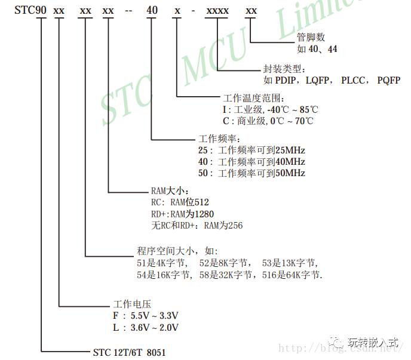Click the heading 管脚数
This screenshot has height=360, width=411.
pyautogui.click(x=309, y=38)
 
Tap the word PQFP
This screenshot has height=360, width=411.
pyautogui.click(x=389, y=80)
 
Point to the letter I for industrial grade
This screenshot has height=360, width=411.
pyautogui.click(x=224, y=110)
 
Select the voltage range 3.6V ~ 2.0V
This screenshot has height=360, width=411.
pyautogui.click(x=154, y=327)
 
